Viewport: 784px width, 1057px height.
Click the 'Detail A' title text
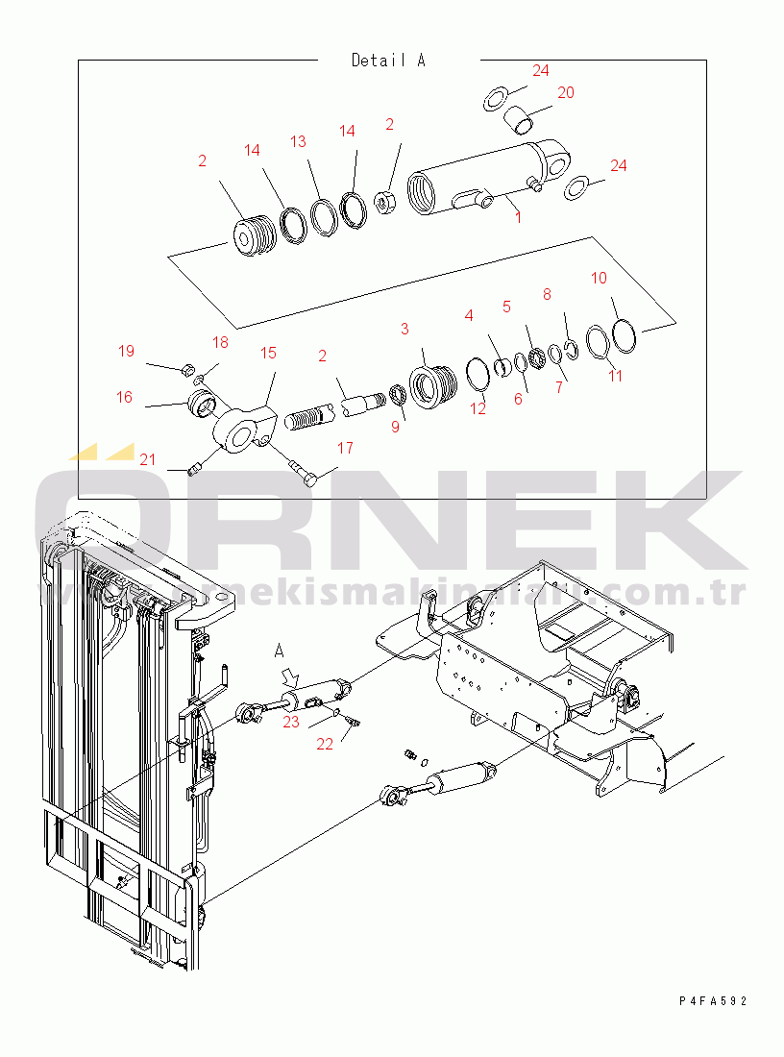[x=387, y=61]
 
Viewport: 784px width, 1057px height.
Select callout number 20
[x=566, y=92]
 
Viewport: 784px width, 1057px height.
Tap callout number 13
[x=298, y=141]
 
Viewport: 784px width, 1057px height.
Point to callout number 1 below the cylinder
[x=518, y=217]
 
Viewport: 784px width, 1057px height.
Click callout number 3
[x=404, y=329]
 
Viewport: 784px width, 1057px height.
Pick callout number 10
[x=599, y=278]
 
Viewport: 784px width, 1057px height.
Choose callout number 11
[x=616, y=375]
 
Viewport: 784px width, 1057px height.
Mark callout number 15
[x=268, y=353]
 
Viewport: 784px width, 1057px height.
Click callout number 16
[x=125, y=397]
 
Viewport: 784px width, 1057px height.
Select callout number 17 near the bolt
[x=345, y=448]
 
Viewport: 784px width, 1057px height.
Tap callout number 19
[x=126, y=351]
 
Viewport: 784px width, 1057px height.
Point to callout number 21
[x=146, y=460]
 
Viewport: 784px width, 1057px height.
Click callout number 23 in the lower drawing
[x=291, y=722]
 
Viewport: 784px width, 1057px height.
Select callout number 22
[x=326, y=743]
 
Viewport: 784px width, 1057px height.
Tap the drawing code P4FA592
[x=712, y=1000]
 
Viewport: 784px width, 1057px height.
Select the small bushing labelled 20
[x=519, y=121]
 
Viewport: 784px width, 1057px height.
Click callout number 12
[x=478, y=408]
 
